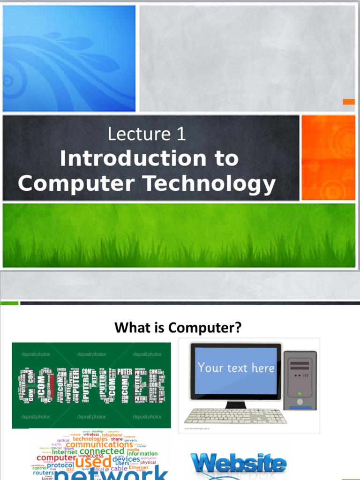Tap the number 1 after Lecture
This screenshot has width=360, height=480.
pyautogui.click(x=181, y=134)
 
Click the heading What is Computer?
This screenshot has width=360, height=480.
pyautogui.click(x=178, y=327)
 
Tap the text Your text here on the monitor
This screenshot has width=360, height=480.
pyautogui.click(x=236, y=368)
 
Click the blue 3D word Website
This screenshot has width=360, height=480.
pyautogui.click(x=239, y=464)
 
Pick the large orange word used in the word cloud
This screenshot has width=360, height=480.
pyautogui.click(x=93, y=462)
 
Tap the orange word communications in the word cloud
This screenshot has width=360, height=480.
pyautogui.click(x=99, y=444)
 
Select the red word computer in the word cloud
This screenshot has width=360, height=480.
pyautogui.click(x=56, y=457)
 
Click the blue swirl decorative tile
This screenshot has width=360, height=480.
pyautogui.click(x=69, y=59)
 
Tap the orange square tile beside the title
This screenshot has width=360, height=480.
pyautogui.click(x=328, y=157)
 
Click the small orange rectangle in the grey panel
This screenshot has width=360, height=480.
pyautogui.click(x=349, y=102)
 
